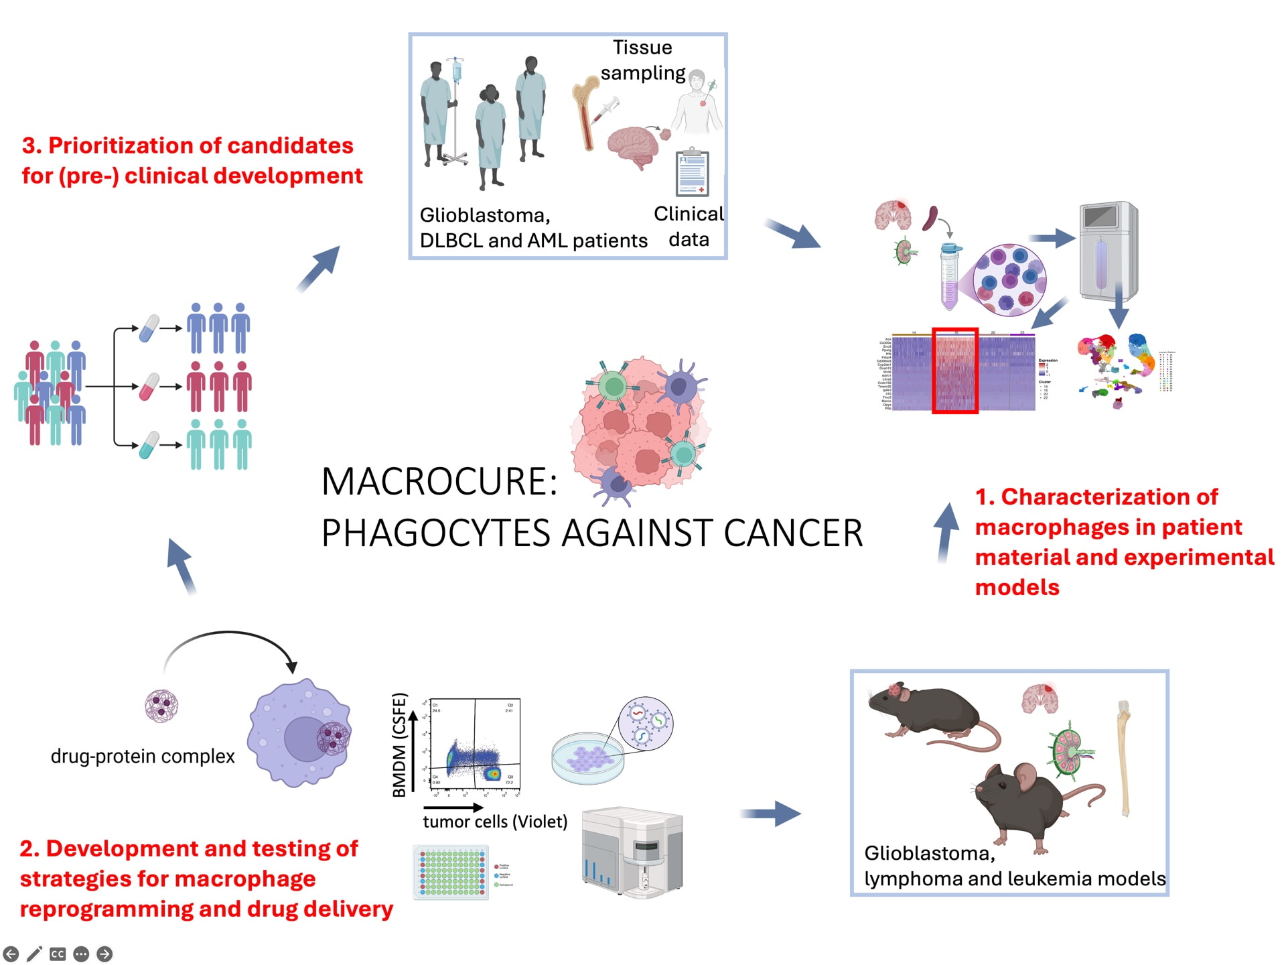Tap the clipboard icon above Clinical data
click(x=693, y=173)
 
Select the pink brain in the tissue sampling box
click(x=632, y=147)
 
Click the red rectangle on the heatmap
click(x=955, y=371)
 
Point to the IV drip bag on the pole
click(x=457, y=70)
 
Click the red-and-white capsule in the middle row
click(x=149, y=387)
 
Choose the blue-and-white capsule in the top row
click(x=149, y=328)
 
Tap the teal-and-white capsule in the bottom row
click(x=149, y=445)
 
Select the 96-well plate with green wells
click(x=451, y=872)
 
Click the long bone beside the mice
click(x=1125, y=757)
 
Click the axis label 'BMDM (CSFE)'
click(x=400, y=745)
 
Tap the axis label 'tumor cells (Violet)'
click(x=495, y=822)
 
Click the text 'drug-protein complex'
click(x=143, y=757)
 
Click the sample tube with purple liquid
click(x=949, y=277)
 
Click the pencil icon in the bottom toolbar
click(x=34, y=954)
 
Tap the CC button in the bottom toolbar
click(x=58, y=954)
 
